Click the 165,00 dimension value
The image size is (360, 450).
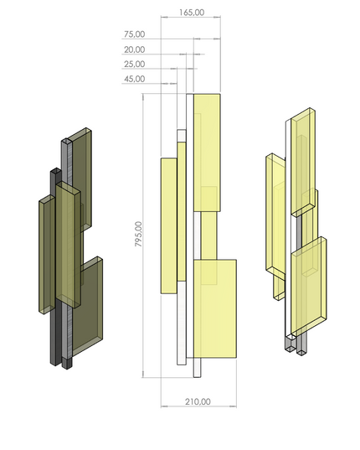[192, 13]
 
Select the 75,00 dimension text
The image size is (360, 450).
[134, 35]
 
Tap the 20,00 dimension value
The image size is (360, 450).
[134, 49]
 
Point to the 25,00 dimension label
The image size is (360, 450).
[134, 64]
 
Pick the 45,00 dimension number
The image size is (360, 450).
[134, 79]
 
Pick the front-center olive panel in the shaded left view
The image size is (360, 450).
[67, 243]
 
